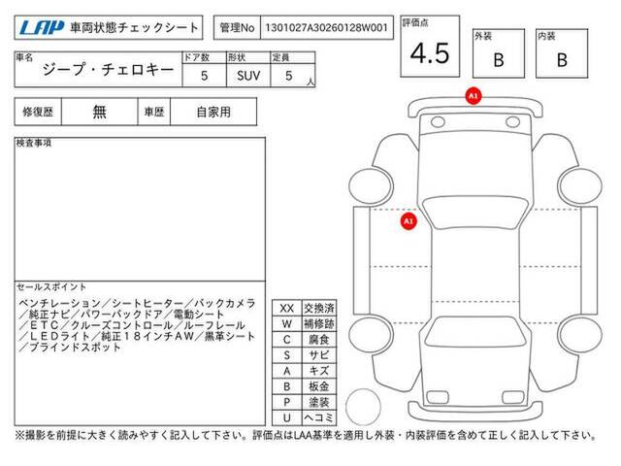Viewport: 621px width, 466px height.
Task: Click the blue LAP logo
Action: tap(42, 28)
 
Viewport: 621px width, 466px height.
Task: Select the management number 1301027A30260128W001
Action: tap(326, 28)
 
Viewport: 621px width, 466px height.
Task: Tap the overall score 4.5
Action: tap(430, 53)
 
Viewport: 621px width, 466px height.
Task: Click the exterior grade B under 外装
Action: tap(499, 60)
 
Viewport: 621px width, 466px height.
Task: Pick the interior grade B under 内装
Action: tap(562, 60)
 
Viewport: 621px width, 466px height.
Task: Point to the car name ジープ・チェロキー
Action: tap(108, 70)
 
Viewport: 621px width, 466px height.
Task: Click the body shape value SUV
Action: tap(248, 76)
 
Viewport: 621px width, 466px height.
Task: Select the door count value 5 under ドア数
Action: tap(205, 76)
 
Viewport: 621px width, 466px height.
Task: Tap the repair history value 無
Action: tap(99, 113)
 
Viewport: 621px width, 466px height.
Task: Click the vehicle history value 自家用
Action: tap(213, 113)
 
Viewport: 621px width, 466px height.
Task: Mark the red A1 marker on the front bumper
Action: tap(474, 96)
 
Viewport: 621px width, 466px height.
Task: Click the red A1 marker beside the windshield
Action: tap(409, 220)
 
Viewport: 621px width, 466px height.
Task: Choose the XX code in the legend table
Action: tap(287, 309)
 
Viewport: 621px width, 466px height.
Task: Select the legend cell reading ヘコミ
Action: tap(319, 417)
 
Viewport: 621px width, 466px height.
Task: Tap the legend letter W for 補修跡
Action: tap(287, 323)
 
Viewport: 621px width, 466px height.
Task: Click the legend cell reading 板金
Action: tap(319, 386)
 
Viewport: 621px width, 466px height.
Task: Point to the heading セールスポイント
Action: tap(51, 287)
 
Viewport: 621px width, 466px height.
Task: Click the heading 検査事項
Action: tap(34, 143)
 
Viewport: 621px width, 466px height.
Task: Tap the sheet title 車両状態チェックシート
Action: tap(134, 28)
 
